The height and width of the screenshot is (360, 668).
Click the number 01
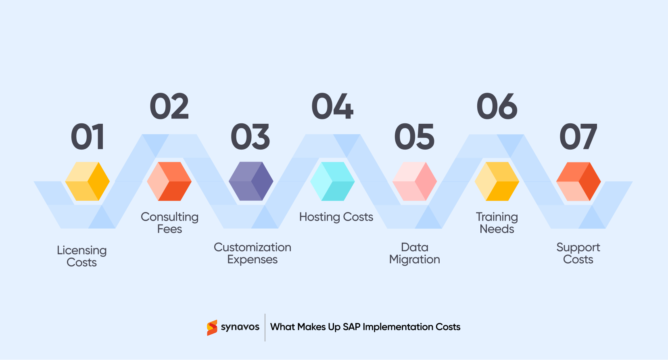tap(88, 137)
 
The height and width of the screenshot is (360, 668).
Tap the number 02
tap(169, 106)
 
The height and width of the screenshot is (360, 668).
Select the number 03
tap(250, 137)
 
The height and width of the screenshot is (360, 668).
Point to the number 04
tap(333, 106)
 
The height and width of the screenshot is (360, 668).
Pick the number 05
tap(415, 137)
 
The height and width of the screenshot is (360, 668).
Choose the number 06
tap(497, 106)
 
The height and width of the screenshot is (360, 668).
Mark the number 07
tap(578, 137)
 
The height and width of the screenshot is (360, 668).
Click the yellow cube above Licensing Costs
tap(88, 181)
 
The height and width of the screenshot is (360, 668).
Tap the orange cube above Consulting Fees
tap(169, 181)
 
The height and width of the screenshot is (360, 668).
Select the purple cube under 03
tap(251, 181)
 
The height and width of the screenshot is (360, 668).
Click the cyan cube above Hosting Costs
tap(332, 181)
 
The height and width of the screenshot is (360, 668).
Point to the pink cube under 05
tap(415, 181)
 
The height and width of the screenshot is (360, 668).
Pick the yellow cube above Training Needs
tap(497, 181)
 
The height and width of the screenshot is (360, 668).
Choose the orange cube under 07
tap(578, 181)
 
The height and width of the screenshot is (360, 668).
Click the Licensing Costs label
tap(82, 256)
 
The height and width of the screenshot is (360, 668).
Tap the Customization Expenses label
tap(253, 253)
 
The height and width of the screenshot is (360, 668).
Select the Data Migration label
tap(415, 253)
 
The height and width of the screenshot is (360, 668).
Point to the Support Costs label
tap(578, 253)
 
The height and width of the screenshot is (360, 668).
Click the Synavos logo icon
tap(212, 327)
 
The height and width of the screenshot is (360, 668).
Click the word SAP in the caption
tap(351, 327)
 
